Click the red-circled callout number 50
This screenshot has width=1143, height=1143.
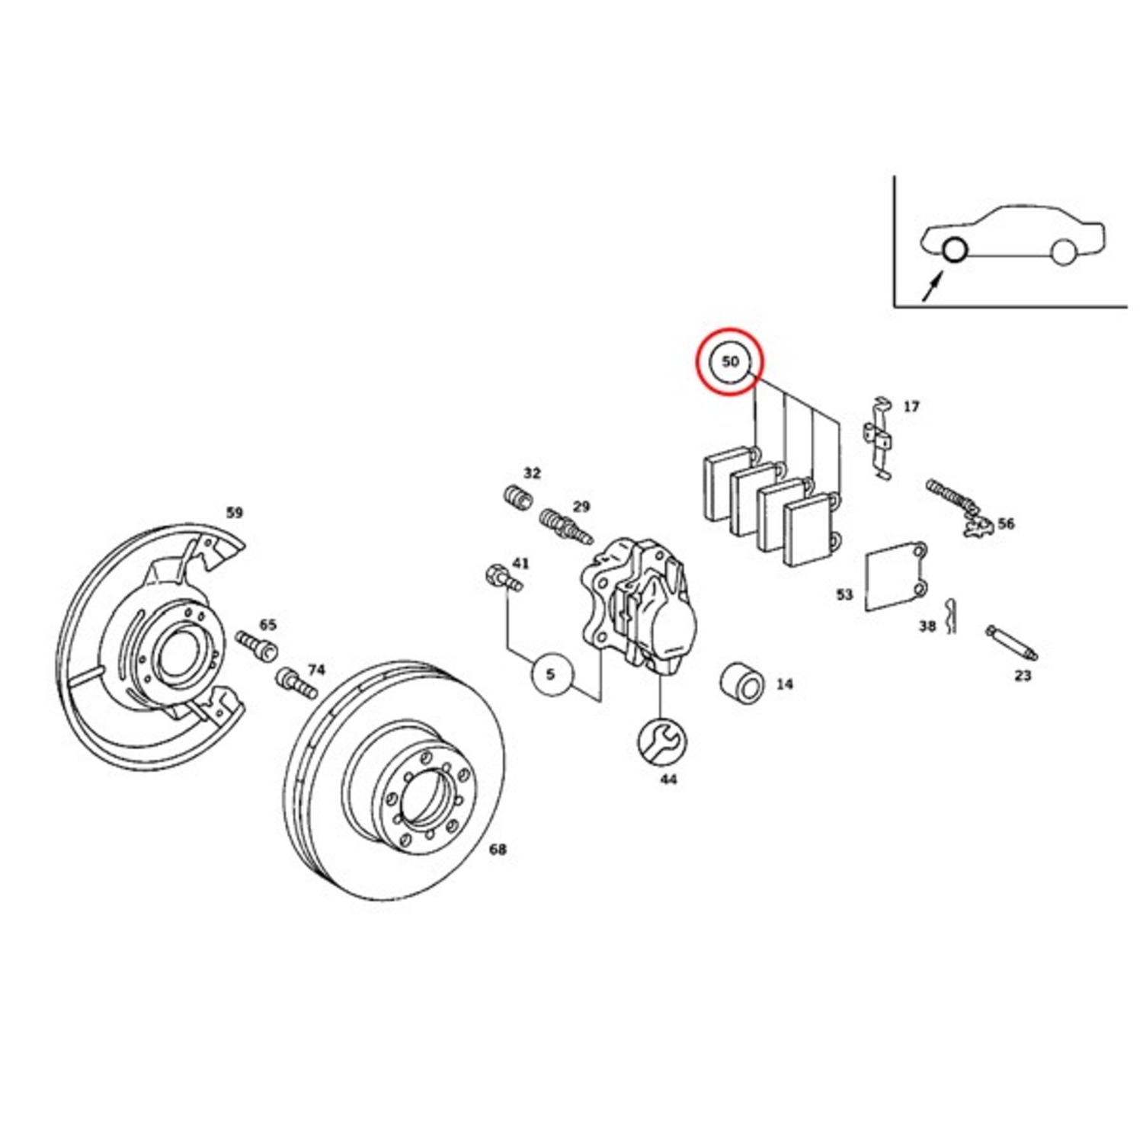tap(731, 361)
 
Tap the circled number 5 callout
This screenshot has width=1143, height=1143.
tap(551, 674)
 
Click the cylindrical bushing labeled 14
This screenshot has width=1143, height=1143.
tap(741, 684)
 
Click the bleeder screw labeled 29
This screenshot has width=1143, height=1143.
tap(565, 527)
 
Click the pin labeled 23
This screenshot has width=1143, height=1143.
tap(1012, 642)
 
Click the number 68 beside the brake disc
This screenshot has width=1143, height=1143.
tap(497, 849)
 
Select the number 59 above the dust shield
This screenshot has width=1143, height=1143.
tap(235, 513)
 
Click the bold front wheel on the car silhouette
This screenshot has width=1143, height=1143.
tap(953, 249)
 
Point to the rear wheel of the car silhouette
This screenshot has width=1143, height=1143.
tap(1061, 251)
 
